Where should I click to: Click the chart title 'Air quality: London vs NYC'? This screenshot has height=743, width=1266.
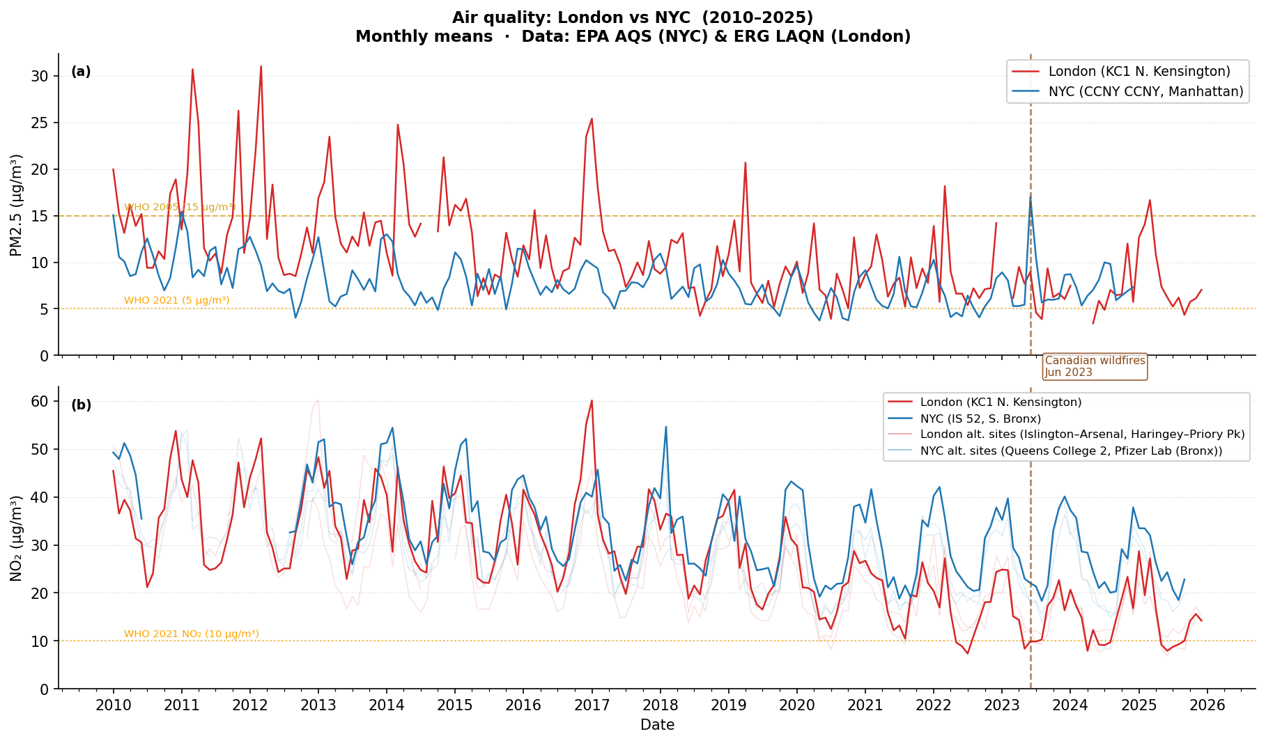633,18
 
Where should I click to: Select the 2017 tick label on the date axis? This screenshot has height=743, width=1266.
592,705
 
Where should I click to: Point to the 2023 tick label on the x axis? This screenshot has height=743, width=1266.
1002,705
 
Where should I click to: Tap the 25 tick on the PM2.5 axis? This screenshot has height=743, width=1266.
40,123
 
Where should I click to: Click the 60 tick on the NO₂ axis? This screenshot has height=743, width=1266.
40,402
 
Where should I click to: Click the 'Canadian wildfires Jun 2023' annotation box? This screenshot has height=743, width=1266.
1095,366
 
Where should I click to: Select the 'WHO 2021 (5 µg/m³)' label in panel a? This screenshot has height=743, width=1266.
176,301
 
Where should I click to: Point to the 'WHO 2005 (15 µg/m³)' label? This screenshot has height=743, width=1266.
180,208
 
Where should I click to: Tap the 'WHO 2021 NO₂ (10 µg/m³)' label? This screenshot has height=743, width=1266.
191,634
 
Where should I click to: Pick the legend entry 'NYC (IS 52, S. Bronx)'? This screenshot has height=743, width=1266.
980,419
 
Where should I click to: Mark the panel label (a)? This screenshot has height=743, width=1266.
81,72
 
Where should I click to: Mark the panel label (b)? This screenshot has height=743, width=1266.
81,405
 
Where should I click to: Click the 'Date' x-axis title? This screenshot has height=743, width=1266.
657,726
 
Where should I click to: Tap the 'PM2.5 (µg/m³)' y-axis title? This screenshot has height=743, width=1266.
17,205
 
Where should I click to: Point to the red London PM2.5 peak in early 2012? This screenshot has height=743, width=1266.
261,67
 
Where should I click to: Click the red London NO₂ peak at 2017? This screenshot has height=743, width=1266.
592,400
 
